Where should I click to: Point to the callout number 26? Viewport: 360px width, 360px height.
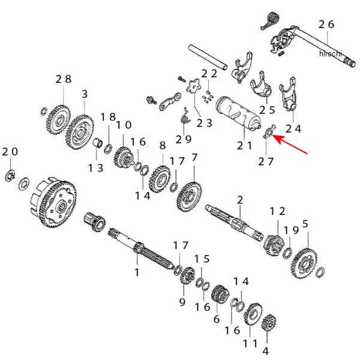point(326,25)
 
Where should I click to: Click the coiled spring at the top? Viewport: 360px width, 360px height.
point(272,19)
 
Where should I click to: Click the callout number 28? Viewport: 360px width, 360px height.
point(63,79)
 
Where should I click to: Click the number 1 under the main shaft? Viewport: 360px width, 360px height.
point(136,272)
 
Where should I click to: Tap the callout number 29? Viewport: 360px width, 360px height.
point(184,139)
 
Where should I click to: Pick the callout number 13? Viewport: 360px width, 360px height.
point(95,168)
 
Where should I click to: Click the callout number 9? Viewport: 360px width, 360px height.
point(182,302)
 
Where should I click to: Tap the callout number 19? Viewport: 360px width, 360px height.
point(291,230)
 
